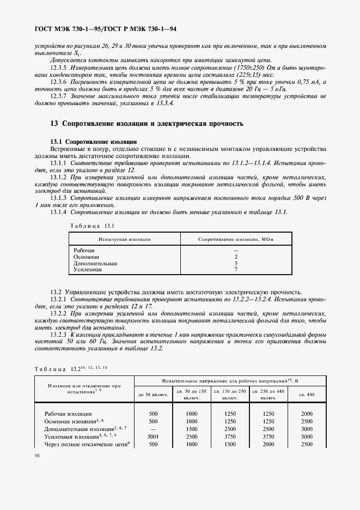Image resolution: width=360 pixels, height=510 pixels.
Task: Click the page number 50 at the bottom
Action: pos(36,456)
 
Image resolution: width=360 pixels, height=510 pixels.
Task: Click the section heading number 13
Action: pos(54,124)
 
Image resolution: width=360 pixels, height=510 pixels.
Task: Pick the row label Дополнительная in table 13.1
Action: pos(95,263)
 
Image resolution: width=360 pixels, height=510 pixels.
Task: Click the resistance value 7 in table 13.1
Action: pos(236,269)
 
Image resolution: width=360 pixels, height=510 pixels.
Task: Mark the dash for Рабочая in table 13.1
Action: pos(236,250)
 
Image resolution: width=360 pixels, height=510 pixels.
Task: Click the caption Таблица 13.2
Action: pos(71,369)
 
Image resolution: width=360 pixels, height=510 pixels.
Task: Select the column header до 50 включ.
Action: pos(153,394)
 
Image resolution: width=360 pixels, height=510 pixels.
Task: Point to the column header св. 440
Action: pos(307,394)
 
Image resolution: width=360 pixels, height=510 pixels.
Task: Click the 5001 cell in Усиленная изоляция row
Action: pos(153,436)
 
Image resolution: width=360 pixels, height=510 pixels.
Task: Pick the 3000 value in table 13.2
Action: pos(307,429)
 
